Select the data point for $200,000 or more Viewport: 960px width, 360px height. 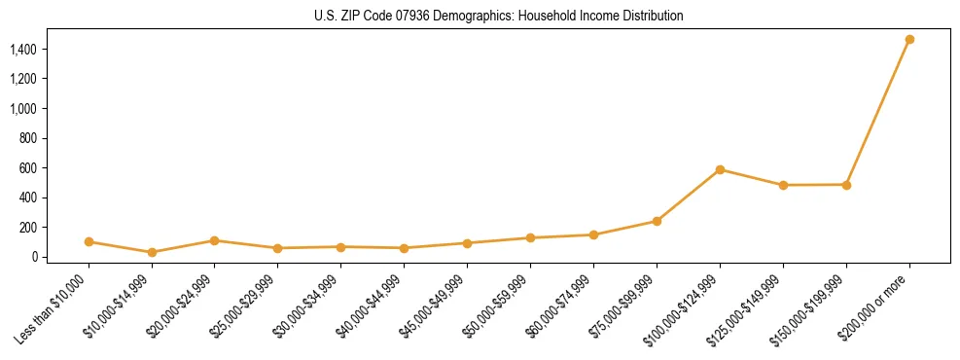click(909, 40)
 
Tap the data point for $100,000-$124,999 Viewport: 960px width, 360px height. click(720, 169)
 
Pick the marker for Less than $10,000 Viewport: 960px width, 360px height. click(89, 241)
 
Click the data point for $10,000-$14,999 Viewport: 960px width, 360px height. click(152, 252)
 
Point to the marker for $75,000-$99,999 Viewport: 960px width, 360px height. click(657, 221)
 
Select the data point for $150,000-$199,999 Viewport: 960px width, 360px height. click(846, 185)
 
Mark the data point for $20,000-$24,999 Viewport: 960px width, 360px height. click(215, 240)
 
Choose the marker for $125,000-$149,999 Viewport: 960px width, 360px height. click(783, 185)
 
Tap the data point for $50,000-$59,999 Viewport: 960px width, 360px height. click(530, 237)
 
